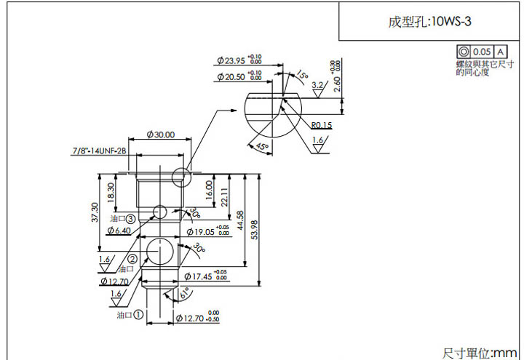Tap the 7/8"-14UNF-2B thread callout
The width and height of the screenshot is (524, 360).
(99, 151)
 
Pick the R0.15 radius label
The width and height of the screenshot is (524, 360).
(321, 125)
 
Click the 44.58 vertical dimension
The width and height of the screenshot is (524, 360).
(241, 221)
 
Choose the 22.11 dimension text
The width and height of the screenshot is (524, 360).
(225, 196)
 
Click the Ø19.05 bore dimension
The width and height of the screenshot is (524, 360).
(200, 232)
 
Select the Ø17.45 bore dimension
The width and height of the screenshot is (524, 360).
(199, 276)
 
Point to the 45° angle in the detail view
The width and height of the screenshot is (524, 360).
(262, 146)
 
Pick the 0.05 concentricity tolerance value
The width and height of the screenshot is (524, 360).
(482, 52)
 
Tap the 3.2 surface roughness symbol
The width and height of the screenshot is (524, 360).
(317, 86)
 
